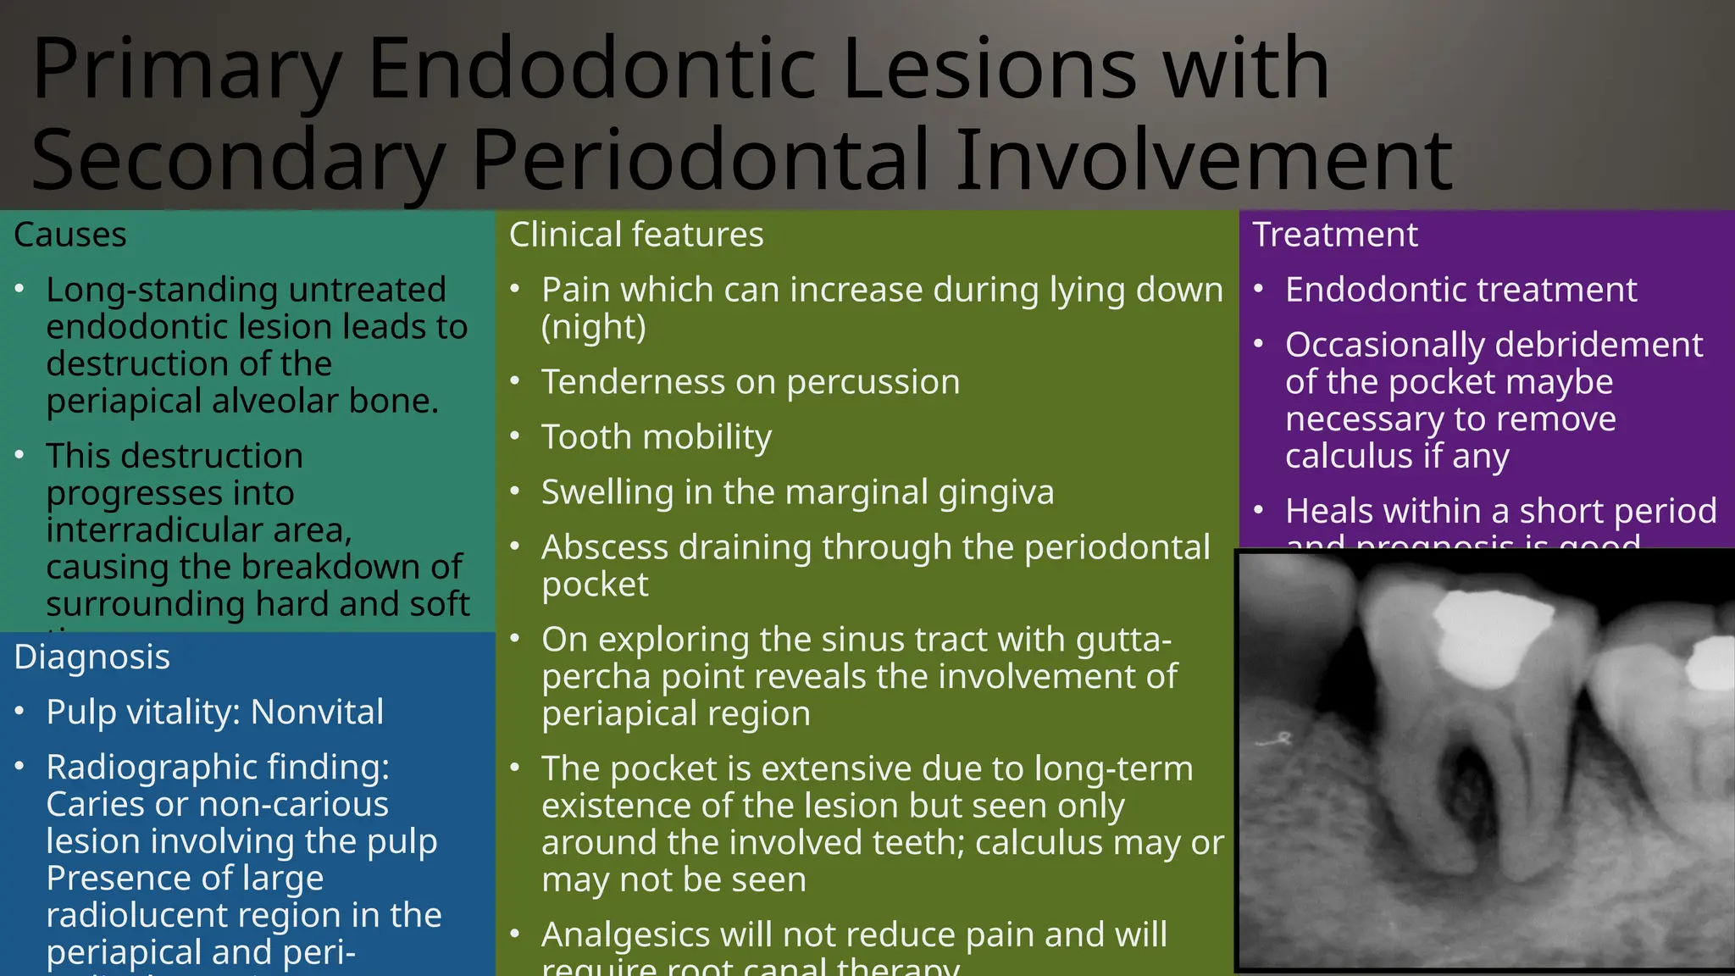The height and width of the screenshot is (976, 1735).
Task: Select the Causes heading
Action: pos(70,235)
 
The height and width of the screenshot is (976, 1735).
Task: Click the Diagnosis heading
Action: pos(92,657)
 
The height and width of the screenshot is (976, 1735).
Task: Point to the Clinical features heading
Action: pos(636,235)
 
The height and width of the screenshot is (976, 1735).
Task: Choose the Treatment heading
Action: pos(1335,235)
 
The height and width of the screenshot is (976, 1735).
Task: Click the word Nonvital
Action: pos(317,712)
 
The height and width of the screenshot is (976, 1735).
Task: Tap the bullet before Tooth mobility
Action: pos(515,436)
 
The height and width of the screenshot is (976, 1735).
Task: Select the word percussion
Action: pos(873,382)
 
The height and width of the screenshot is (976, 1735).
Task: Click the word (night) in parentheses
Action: pos(594,327)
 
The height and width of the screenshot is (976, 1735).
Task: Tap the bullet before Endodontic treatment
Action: pos(1259,290)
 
